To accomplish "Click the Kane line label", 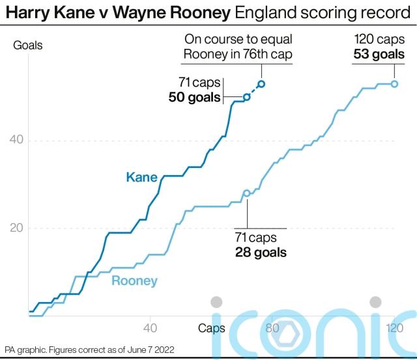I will (x=141, y=177).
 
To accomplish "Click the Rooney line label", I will (x=134, y=281).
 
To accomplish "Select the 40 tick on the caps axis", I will (x=151, y=327).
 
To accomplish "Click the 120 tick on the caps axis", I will (x=393, y=327).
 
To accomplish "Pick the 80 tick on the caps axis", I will (x=272, y=327).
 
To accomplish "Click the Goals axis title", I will (x=29, y=46).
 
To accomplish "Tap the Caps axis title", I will (x=212, y=327).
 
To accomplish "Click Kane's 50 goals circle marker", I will (x=246, y=97).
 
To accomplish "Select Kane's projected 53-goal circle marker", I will (x=261, y=83).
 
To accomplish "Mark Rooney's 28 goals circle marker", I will (x=246, y=193).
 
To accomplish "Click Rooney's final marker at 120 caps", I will (x=394, y=83).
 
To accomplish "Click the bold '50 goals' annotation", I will (x=194, y=98).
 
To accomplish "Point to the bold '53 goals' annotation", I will (x=379, y=54).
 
